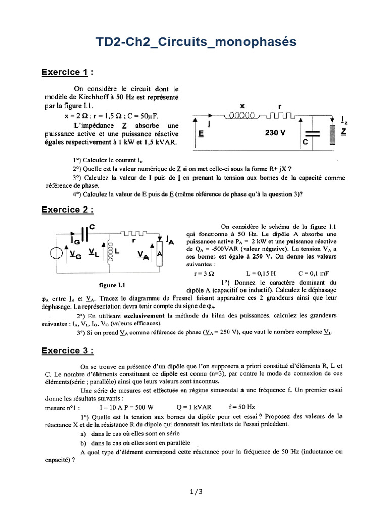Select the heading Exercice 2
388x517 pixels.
(x=68, y=209)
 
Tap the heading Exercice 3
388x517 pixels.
(x=68, y=350)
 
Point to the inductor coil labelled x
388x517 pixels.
(x=242, y=116)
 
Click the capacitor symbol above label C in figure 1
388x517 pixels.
(x=314, y=133)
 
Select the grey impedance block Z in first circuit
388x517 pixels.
(x=332, y=135)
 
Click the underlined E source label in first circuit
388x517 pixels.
(x=202, y=134)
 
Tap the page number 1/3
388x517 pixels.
(x=193, y=491)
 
